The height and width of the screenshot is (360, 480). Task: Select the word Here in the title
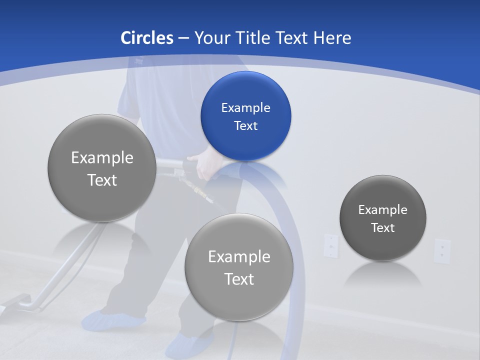tap(332, 38)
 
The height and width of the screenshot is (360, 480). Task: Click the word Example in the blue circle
tap(245, 107)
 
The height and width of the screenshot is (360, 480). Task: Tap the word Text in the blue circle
tap(245, 125)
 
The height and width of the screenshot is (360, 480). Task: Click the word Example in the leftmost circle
tap(102, 157)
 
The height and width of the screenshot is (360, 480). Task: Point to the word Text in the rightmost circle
tap(383, 228)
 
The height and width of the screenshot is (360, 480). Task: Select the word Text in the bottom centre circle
tap(239, 279)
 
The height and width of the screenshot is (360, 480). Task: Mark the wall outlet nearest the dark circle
tap(330, 245)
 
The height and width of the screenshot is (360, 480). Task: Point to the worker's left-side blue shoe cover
tap(112, 319)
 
